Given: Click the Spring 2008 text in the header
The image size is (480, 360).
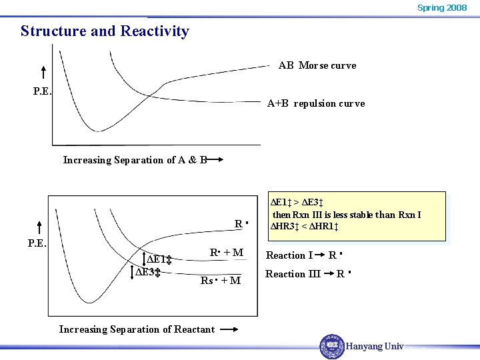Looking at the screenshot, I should (x=441, y=8).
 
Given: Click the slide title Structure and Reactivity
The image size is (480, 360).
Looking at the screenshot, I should (x=105, y=31).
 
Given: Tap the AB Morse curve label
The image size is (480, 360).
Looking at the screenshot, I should (x=317, y=65).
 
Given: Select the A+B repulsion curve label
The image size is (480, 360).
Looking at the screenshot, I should (x=315, y=103).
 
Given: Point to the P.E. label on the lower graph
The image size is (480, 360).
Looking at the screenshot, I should (x=37, y=243).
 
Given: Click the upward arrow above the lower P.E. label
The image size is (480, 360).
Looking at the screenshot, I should (x=39, y=228).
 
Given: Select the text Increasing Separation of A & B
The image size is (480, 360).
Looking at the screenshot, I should (x=134, y=160).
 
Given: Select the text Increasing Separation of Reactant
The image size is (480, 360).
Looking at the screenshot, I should (x=137, y=329).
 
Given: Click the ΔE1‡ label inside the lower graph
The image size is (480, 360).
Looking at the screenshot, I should (x=160, y=259).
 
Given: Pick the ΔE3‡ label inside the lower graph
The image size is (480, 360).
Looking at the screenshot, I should (x=148, y=272).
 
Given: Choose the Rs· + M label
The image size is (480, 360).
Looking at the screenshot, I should (x=221, y=281).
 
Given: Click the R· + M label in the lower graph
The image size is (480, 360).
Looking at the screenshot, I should (x=226, y=253).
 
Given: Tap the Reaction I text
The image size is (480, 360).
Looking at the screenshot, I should (x=289, y=255).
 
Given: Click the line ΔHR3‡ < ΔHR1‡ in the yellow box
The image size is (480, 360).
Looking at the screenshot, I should (x=305, y=227).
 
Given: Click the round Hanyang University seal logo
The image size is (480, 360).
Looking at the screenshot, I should (x=331, y=346).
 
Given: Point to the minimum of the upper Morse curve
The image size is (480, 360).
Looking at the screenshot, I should (x=99, y=130).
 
